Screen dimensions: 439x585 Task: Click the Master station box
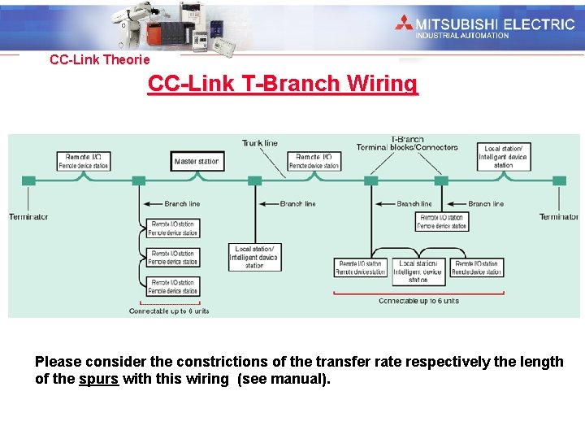pos(196,161)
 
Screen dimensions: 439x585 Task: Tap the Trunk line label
pos(259,143)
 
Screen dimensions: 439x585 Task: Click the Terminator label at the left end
pos(28,216)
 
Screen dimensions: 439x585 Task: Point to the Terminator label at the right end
pos(558,216)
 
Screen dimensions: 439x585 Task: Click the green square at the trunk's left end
pos(28,180)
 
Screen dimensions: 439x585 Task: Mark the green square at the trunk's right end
pos(558,180)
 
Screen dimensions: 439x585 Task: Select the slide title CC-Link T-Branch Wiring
pos(283,84)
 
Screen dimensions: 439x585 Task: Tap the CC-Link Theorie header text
pos(99,59)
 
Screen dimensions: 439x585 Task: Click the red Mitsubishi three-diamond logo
pos(403,23)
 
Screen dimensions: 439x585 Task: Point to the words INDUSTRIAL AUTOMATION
pos(461,35)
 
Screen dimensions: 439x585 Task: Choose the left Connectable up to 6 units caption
pos(169,311)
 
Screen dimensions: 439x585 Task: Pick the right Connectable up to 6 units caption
pos(418,301)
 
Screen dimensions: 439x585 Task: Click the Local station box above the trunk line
pos(504,157)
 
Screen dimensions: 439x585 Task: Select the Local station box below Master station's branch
pos(254,257)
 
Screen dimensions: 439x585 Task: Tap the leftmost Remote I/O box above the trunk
pos(83,161)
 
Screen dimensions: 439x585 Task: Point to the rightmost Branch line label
pos(486,203)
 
